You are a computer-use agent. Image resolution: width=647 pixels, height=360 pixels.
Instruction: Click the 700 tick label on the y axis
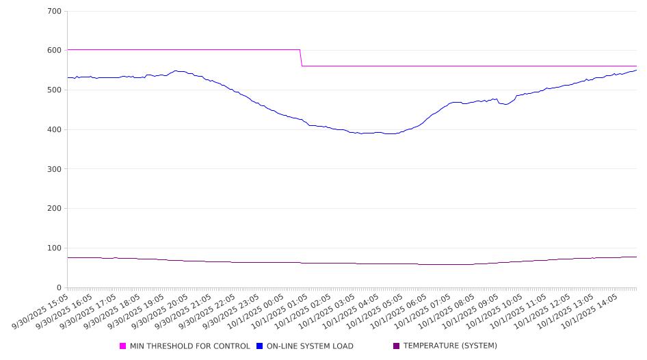click(x=54, y=12)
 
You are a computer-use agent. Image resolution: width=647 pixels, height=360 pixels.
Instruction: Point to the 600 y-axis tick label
click(x=54, y=51)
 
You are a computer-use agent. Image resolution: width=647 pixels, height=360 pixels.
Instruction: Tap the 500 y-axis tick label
click(x=54, y=90)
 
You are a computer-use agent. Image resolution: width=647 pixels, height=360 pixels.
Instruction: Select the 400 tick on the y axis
click(x=54, y=130)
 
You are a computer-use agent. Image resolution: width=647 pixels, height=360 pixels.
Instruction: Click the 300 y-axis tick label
click(x=54, y=169)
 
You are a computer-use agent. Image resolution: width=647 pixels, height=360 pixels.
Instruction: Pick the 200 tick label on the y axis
click(x=54, y=209)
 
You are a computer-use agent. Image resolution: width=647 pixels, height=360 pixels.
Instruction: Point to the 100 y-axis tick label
click(x=54, y=248)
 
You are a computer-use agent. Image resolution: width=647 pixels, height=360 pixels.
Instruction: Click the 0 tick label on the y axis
click(x=59, y=288)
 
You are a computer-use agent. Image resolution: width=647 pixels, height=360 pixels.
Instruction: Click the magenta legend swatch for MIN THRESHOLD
click(x=123, y=346)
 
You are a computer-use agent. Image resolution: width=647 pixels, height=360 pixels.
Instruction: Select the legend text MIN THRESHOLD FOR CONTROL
click(x=189, y=346)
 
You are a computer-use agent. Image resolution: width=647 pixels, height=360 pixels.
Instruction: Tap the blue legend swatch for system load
click(x=260, y=346)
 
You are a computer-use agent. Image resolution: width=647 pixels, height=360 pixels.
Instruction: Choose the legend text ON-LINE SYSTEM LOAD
click(x=310, y=346)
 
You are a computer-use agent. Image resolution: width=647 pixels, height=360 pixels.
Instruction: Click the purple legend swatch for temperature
click(x=397, y=346)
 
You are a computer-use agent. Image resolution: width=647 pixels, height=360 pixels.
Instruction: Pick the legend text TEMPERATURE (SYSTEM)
click(x=450, y=346)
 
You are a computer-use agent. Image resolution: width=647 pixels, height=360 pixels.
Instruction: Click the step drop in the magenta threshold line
click(x=301, y=58)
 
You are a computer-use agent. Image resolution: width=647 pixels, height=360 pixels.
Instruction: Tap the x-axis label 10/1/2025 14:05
click(x=588, y=312)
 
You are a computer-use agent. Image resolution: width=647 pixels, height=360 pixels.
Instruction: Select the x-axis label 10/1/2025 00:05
click(x=257, y=312)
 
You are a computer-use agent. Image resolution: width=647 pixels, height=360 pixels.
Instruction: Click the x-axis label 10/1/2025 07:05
click(x=423, y=312)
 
